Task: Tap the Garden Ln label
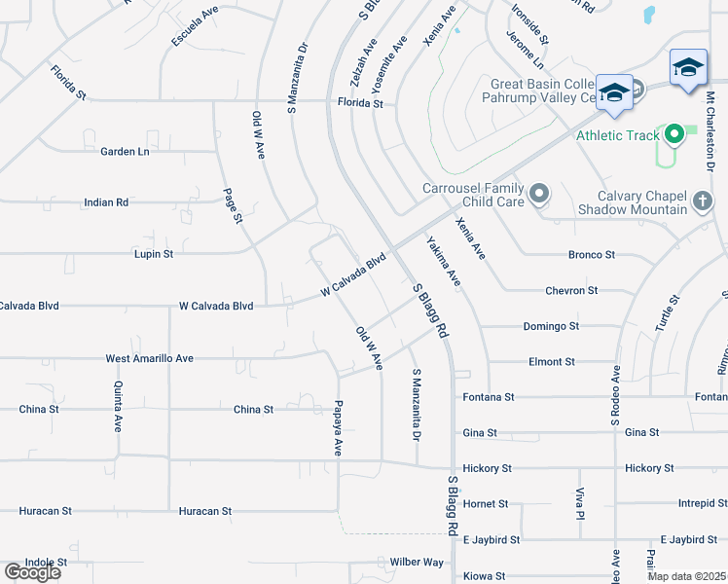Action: point(126,152)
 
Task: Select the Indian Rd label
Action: point(107,202)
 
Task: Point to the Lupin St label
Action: point(153,254)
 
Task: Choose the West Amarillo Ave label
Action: point(150,358)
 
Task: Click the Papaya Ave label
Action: point(339,427)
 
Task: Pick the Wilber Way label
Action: point(417,563)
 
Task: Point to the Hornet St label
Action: point(486,504)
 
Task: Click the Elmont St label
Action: point(551,362)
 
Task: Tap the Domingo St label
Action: point(551,326)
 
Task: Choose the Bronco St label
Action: point(592,255)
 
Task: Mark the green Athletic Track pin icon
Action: point(673,135)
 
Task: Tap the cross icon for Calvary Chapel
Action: point(702,202)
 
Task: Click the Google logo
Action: point(32,572)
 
